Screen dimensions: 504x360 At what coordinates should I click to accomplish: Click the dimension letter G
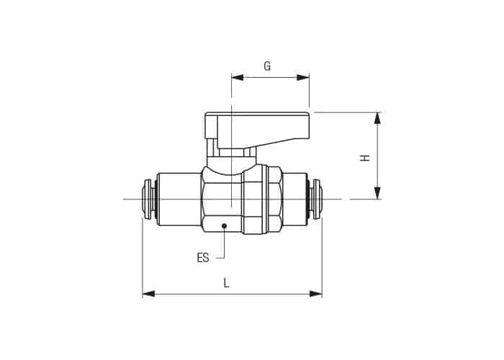(267, 66)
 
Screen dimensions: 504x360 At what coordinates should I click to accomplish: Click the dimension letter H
(365, 158)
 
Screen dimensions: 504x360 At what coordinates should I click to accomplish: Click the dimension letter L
(227, 283)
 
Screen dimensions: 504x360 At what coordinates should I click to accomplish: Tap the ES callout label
(203, 258)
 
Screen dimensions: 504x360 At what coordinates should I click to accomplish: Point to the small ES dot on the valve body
(225, 226)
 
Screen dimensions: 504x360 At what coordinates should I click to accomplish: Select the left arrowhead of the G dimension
(238, 78)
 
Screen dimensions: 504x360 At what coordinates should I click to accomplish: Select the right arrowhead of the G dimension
(303, 78)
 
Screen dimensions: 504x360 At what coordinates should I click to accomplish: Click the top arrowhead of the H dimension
(378, 118)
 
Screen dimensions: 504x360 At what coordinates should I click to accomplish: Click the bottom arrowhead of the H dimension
(378, 193)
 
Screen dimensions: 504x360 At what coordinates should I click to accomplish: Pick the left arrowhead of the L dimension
(148, 294)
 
